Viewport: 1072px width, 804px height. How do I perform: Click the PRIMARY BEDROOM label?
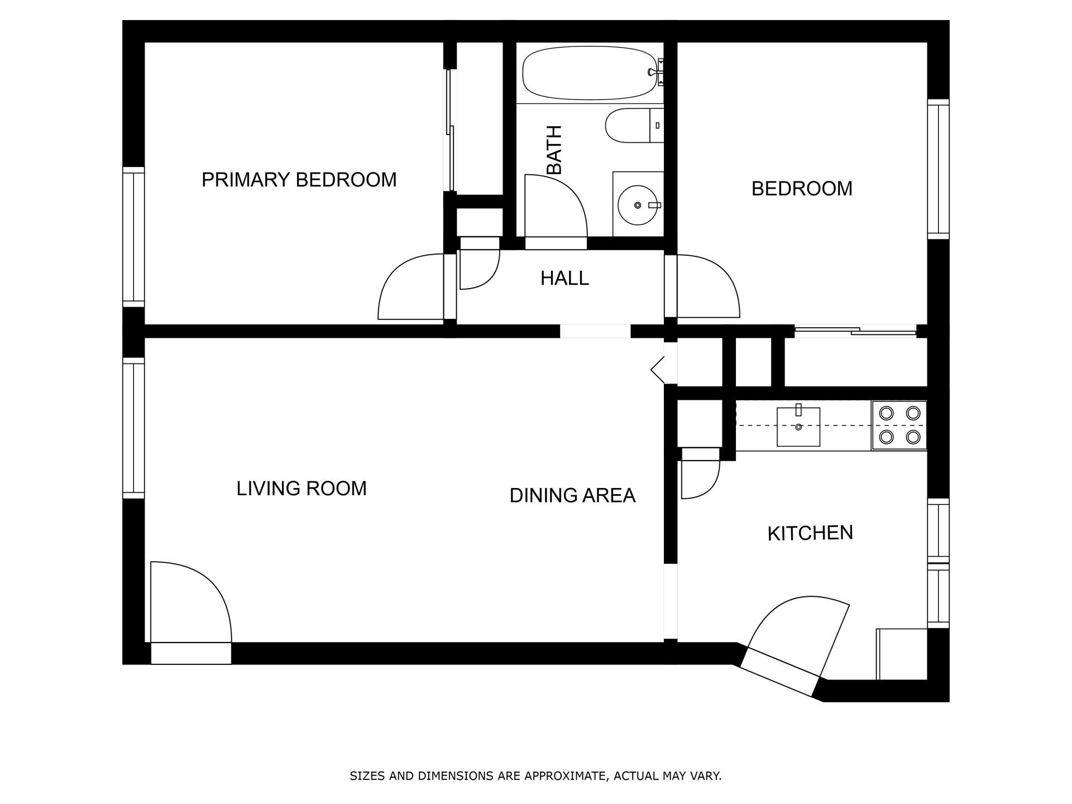tap(299, 180)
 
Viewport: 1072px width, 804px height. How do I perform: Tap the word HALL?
tap(564, 278)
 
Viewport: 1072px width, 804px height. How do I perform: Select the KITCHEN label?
tap(810, 533)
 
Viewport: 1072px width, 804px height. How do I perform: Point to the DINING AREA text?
tap(572, 495)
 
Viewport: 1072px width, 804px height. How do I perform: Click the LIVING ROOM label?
tap(301, 489)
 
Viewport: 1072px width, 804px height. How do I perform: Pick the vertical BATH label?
tap(554, 150)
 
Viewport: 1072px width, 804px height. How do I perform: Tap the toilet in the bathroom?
tap(633, 126)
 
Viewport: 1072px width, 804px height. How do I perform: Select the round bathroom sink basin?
tap(637, 205)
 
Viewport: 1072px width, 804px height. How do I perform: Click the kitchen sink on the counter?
tap(798, 427)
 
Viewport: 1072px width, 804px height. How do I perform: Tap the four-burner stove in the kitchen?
tap(899, 425)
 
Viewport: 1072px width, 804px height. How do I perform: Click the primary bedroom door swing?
tap(410, 288)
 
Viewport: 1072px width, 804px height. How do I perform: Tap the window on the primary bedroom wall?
tap(133, 237)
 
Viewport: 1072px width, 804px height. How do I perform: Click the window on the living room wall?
tap(133, 428)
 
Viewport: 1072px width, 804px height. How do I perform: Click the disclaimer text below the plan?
tap(535, 776)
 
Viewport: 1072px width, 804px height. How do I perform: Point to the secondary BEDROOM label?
tap(802, 189)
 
